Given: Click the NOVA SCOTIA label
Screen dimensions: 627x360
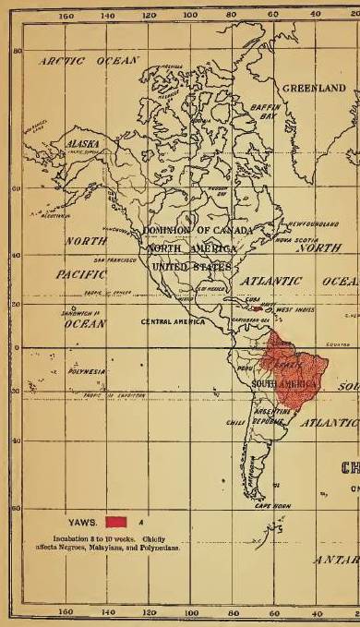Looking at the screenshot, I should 292,237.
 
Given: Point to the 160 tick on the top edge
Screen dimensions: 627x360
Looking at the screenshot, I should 66,16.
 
